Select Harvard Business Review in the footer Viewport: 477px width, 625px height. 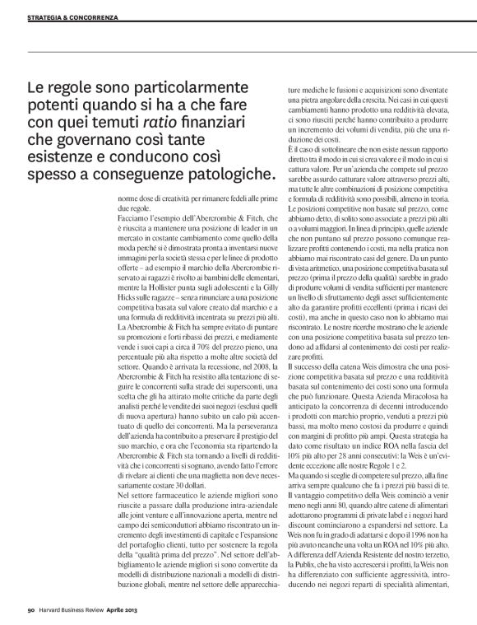coord(71,609)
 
